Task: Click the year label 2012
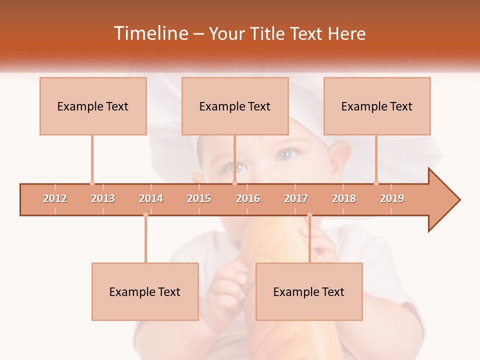55,198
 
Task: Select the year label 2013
103,198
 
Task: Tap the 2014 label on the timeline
151,198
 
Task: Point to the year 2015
199,198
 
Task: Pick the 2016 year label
248,198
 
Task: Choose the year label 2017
296,198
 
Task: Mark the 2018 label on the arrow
344,198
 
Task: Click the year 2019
392,198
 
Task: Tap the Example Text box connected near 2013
93,106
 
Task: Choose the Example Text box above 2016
235,106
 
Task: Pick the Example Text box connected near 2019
377,106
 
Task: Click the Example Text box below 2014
145,291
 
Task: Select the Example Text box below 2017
309,291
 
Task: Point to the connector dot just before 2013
92,183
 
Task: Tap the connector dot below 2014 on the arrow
145,215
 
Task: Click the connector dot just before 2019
376,183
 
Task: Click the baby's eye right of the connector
285,155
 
